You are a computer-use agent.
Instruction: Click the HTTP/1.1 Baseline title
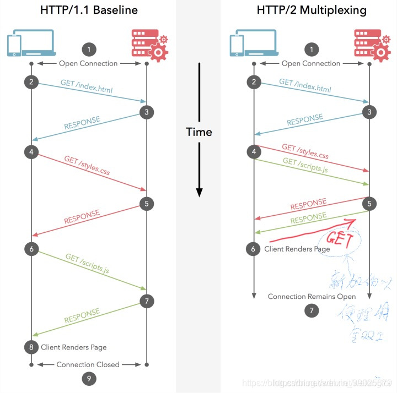click(x=88, y=10)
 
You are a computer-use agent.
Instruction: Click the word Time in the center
click(x=198, y=132)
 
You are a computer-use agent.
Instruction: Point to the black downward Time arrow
click(x=199, y=165)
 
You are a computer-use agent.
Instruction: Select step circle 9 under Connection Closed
click(x=88, y=378)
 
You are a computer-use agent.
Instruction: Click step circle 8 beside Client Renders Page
click(x=31, y=347)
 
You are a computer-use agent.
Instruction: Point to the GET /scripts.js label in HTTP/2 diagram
click(x=305, y=166)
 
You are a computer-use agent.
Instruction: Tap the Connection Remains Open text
click(x=312, y=297)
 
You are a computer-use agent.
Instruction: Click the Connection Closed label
click(x=88, y=364)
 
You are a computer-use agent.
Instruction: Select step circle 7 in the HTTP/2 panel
click(x=311, y=311)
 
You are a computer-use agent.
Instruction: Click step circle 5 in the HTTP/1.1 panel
click(x=146, y=204)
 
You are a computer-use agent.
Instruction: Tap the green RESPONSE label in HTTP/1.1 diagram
click(x=83, y=315)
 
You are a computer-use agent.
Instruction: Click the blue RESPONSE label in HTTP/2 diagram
click(x=305, y=122)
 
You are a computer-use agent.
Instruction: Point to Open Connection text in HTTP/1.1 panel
click(x=88, y=63)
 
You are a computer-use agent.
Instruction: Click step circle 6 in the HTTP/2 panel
click(x=254, y=249)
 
